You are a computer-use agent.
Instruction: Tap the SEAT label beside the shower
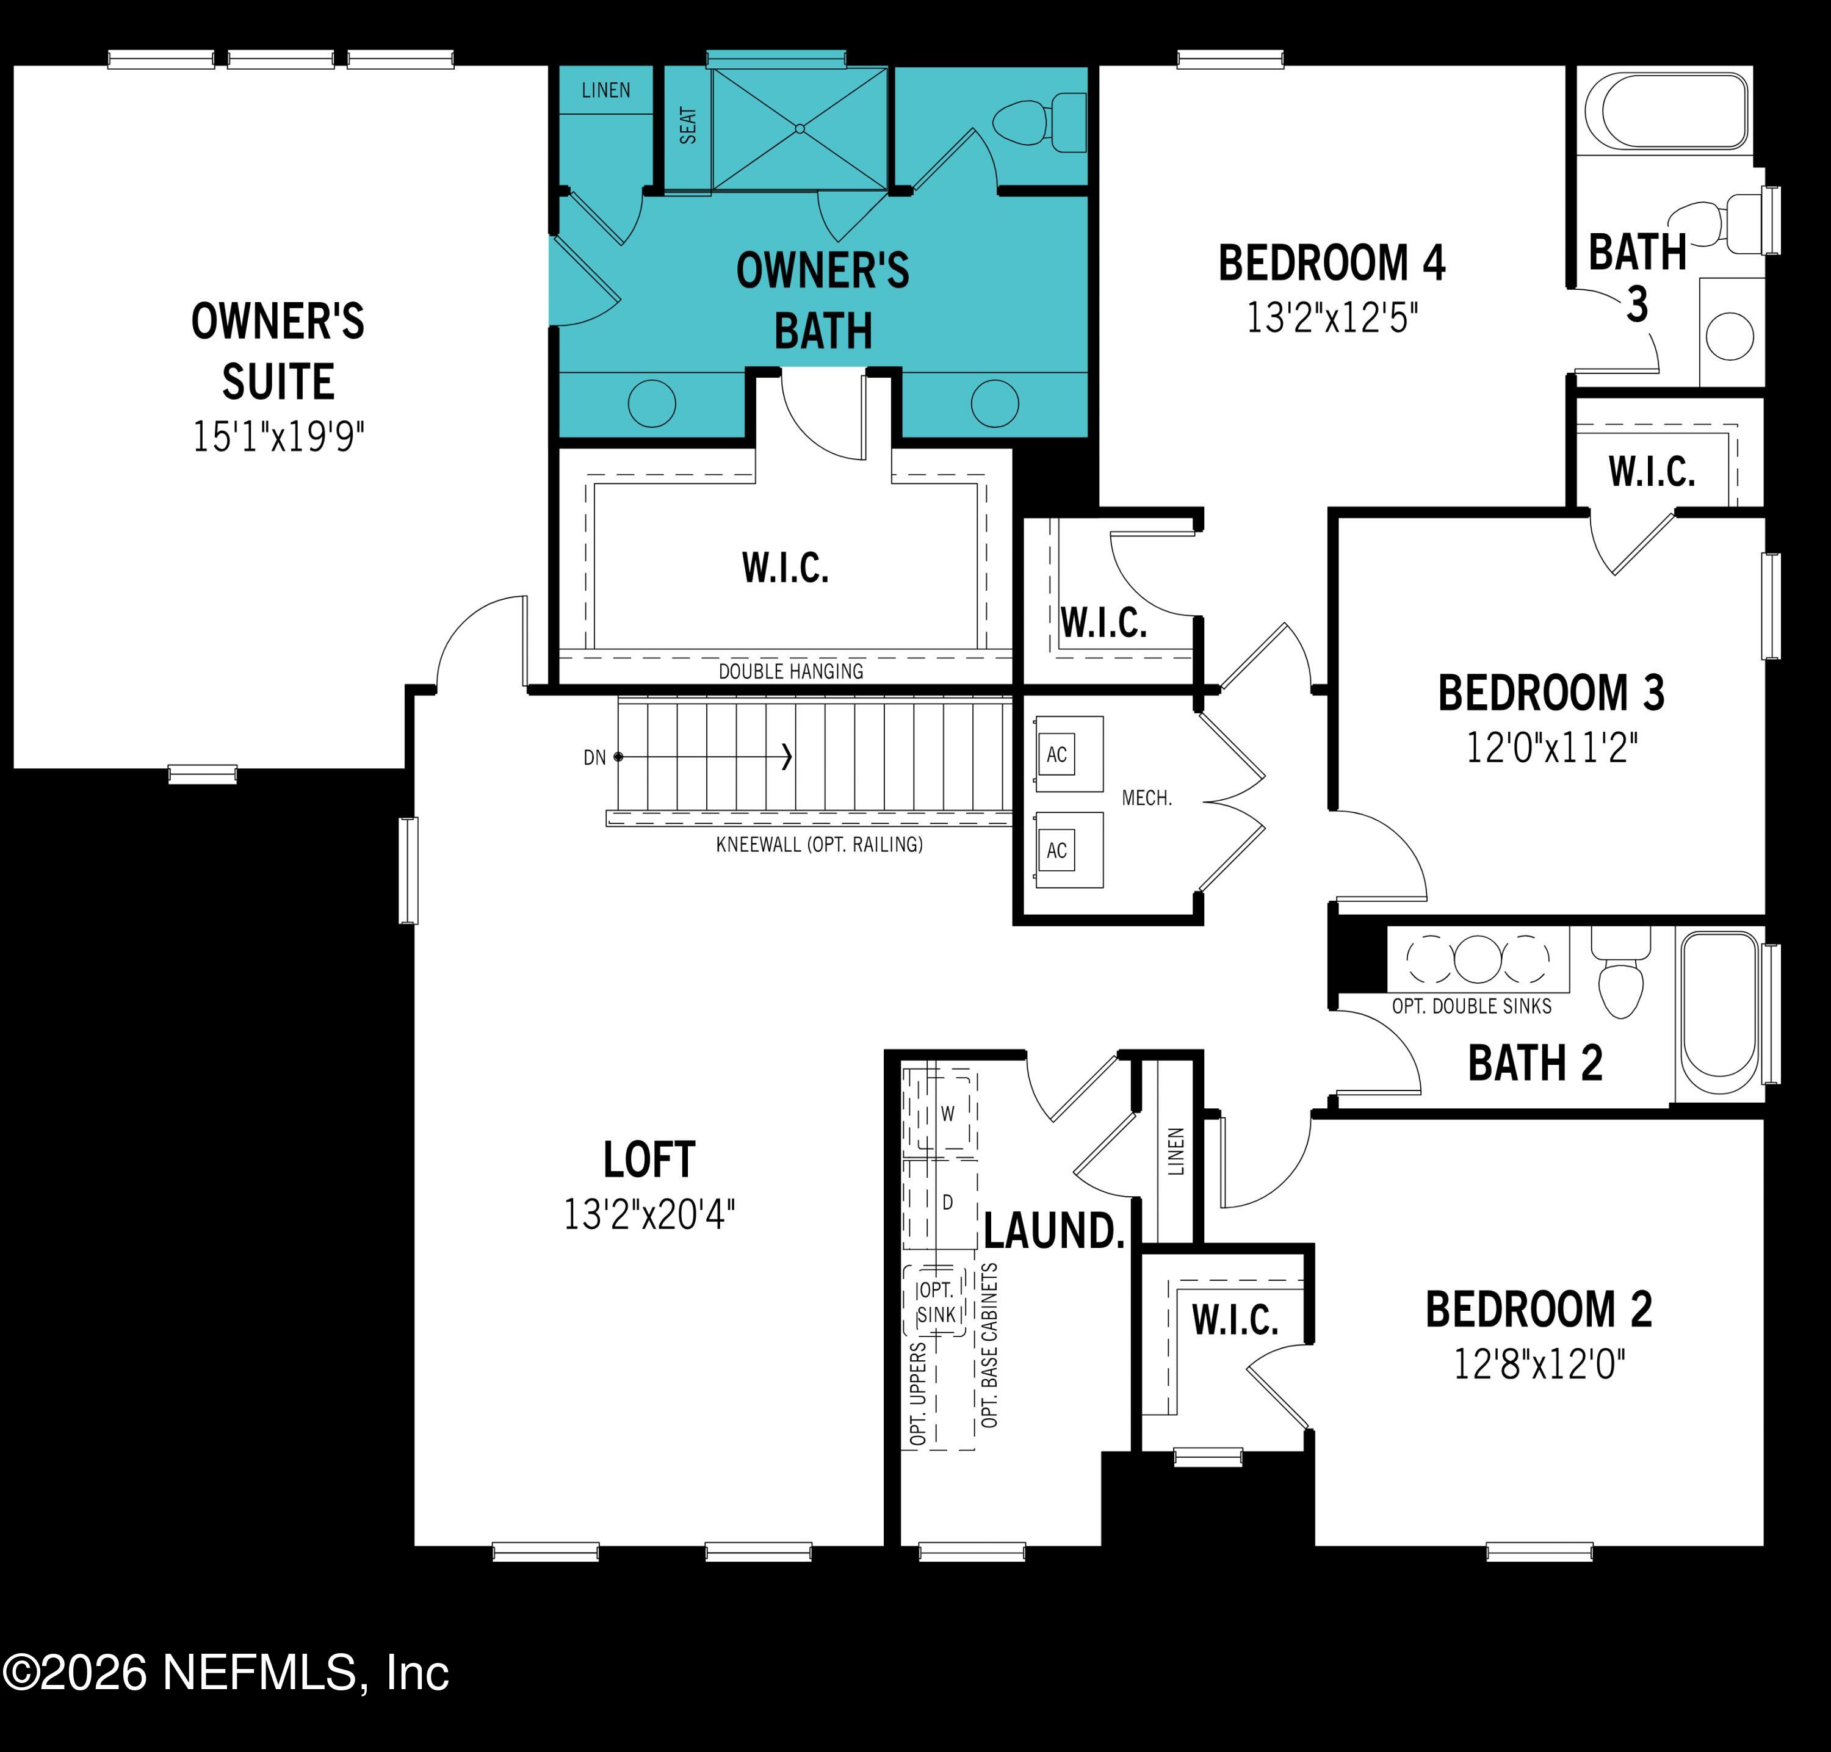(688, 125)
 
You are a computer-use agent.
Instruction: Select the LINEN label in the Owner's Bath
(605, 90)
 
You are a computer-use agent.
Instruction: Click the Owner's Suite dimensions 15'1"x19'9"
(278, 437)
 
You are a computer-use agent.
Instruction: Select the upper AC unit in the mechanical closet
(1056, 755)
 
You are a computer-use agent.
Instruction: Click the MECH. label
(1146, 798)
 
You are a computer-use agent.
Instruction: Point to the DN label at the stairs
(594, 757)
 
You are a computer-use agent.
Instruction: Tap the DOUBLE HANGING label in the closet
(790, 671)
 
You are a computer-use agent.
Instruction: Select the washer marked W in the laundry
(947, 1113)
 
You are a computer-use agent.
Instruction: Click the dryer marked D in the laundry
(947, 1202)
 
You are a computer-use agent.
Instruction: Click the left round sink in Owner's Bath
(651, 403)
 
